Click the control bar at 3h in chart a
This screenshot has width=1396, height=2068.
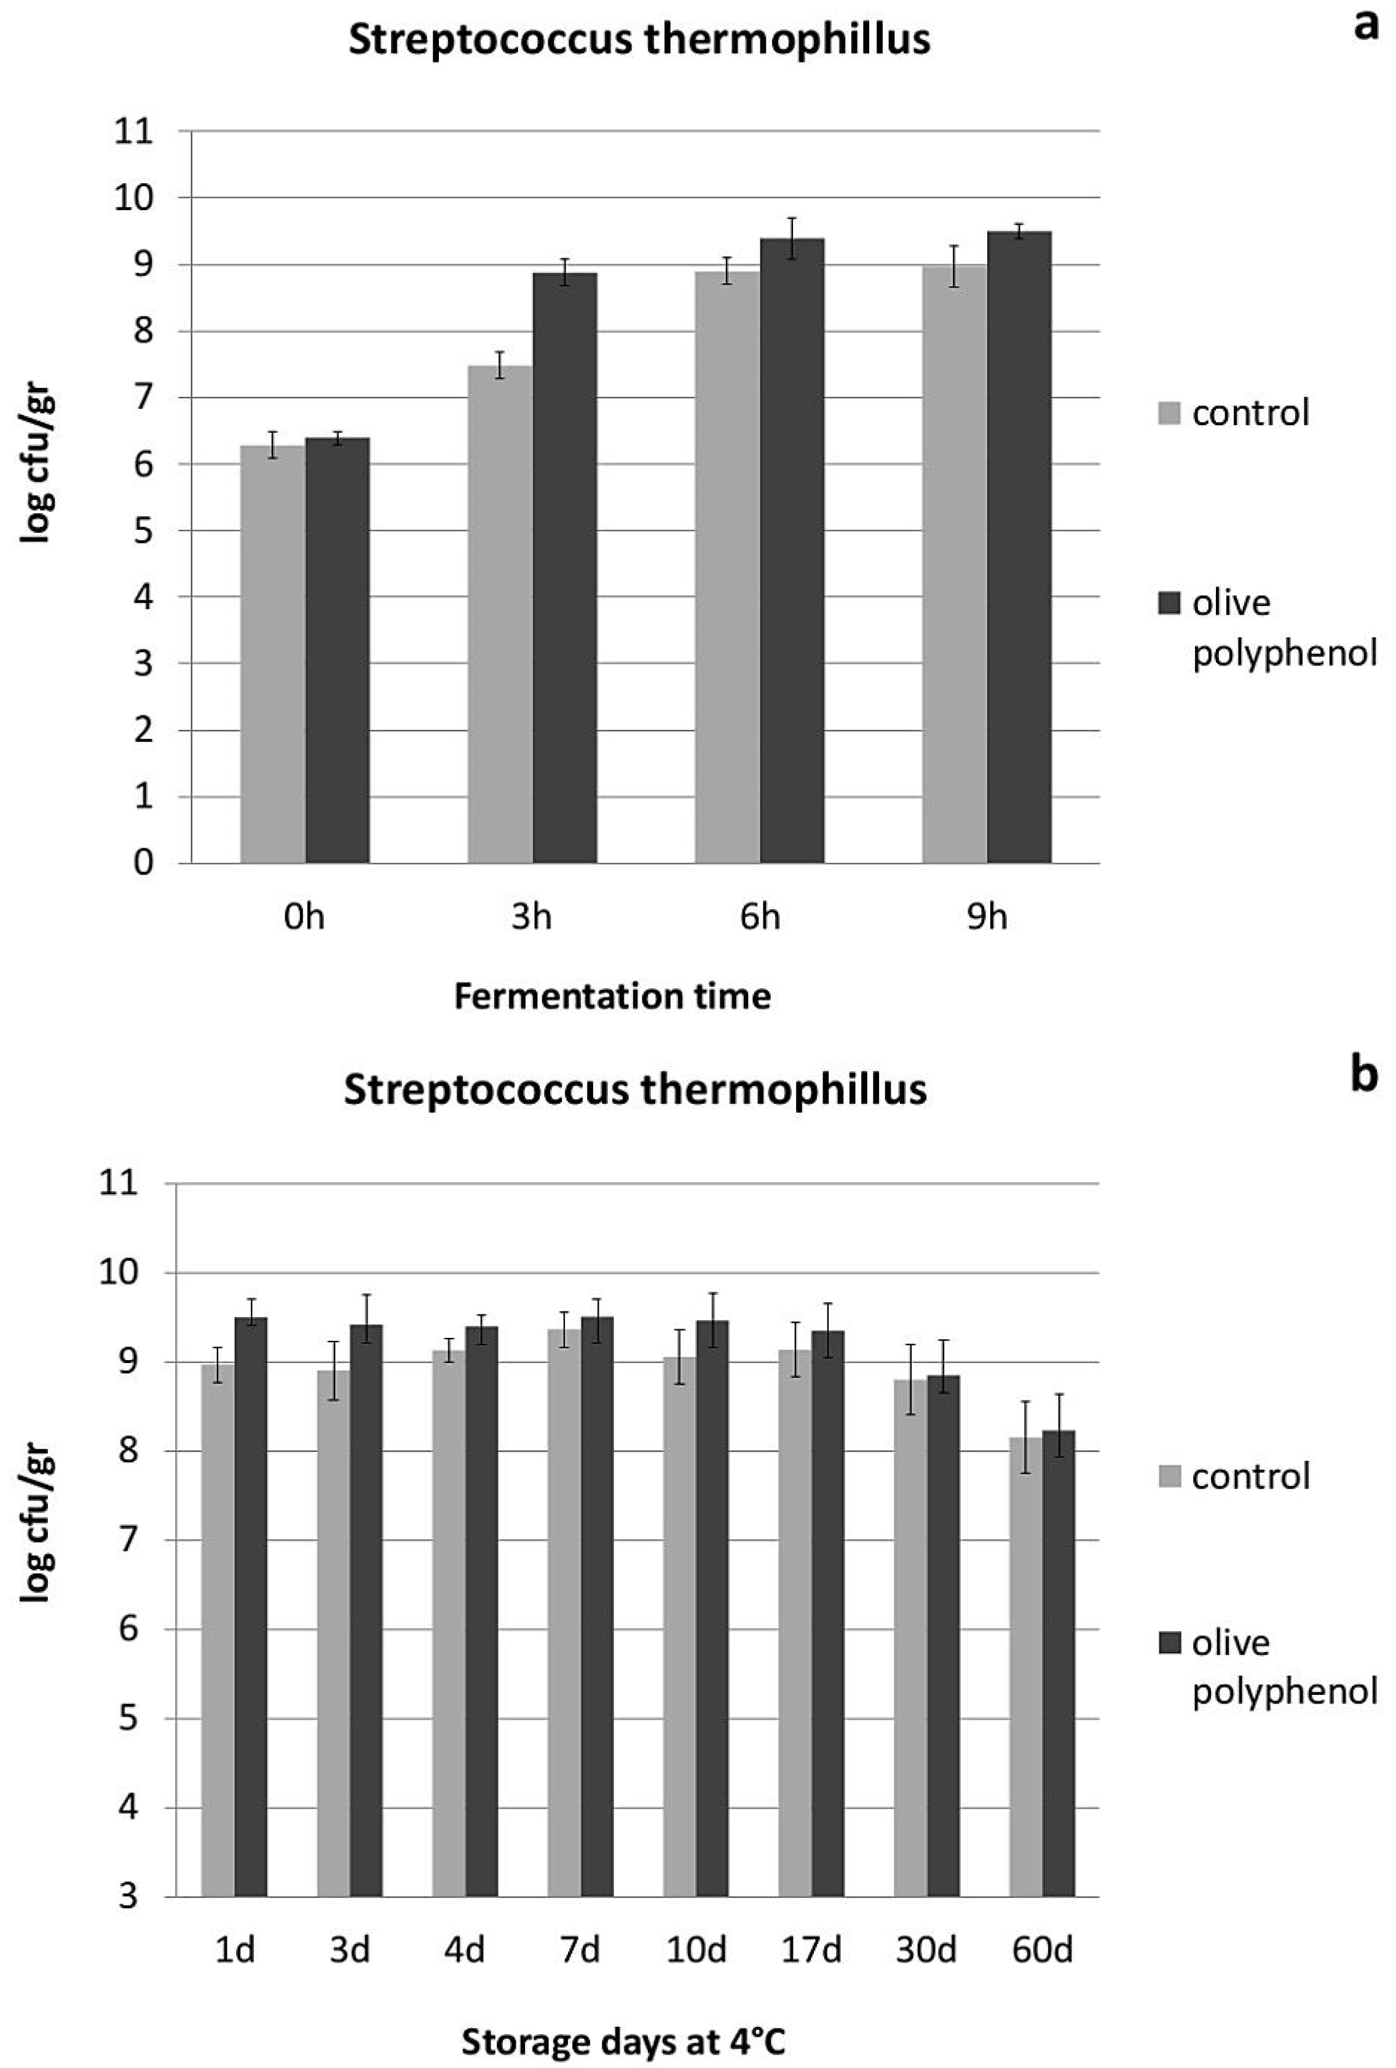pos(500,614)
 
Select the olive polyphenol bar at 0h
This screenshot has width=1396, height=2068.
pos(337,650)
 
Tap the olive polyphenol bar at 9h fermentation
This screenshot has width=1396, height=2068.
pos(1019,547)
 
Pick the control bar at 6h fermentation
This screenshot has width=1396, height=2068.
pos(727,567)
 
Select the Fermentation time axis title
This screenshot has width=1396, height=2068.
pos(612,996)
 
